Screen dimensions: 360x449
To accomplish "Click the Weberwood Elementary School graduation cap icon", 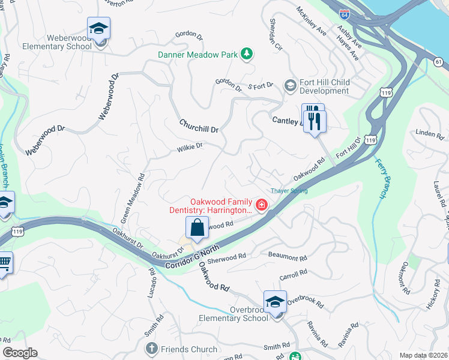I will tap(99, 28).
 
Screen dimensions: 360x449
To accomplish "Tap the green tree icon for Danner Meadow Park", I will tap(246, 55).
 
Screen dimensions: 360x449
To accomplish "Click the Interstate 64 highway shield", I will tap(344, 12).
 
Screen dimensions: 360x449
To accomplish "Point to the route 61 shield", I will tap(439, 62).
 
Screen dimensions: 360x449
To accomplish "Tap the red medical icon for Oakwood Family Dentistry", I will tap(261, 206).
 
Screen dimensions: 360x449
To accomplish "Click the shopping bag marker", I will tap(197, 228).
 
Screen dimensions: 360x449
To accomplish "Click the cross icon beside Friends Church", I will tap(151, 349).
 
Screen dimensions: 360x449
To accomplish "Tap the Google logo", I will tap(20, 353).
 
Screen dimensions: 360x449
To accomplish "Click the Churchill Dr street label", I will tap(199, 126).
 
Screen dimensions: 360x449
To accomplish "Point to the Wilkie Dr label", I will tap(190, 146).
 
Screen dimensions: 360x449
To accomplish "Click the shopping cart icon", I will tap(4, 262).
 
